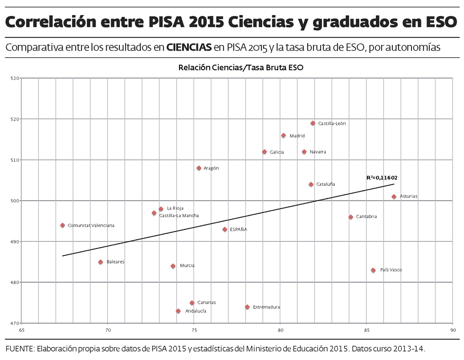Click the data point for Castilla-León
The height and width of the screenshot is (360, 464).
coord(313,123)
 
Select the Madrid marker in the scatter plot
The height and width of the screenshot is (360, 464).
coord(284,136)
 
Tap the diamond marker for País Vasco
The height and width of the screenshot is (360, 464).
coord(373,271)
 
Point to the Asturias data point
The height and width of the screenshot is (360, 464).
coord(394,197)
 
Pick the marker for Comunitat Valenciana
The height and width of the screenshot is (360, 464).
coord(62,226)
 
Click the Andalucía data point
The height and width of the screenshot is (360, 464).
coord(178,311)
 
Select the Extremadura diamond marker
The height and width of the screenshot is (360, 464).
coord(247,307)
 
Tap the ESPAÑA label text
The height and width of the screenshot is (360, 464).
coord(238,230)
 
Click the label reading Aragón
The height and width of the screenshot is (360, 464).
coord(211,168)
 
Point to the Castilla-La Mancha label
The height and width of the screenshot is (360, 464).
coord(179,216)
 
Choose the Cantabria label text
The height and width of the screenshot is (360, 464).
coord(366,217)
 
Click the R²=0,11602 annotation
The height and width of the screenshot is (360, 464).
coord(382,178)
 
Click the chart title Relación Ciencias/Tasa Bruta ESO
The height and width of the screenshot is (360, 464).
coord(241,68)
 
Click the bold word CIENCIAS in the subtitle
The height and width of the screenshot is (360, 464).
coord(188,47)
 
